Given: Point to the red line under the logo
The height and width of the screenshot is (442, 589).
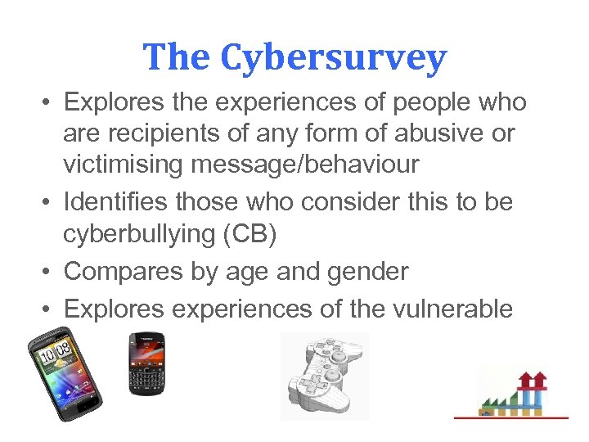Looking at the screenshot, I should [x=510, y=417].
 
